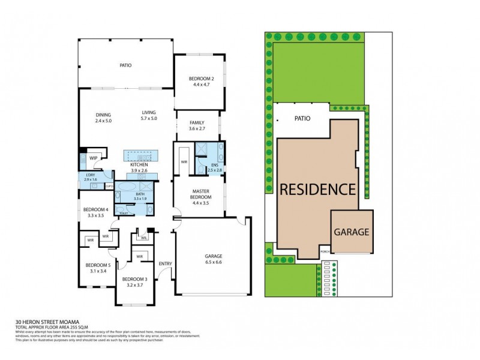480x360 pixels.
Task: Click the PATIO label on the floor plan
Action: [125, 65]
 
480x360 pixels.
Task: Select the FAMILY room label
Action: [197, 122]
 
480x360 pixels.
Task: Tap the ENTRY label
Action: [165, 264]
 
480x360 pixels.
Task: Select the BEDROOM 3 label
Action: [134, 279]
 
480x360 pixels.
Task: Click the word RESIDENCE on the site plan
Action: [317, 189]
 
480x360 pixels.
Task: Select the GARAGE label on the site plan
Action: [352, 232]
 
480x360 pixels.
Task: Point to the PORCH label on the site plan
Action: [325, 251]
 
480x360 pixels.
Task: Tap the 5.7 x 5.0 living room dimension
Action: [149, 119]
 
